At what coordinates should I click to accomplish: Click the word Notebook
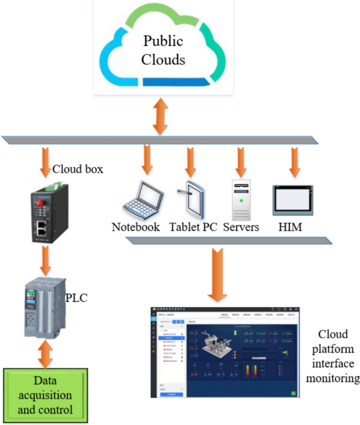(136, 228)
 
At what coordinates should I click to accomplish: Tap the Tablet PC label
(193, 228)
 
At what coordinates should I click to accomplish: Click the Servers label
(241, 228)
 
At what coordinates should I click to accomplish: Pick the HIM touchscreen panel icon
(292, 200)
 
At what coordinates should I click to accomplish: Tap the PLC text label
(76, 298)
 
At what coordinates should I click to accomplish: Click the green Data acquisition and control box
(45, 396)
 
